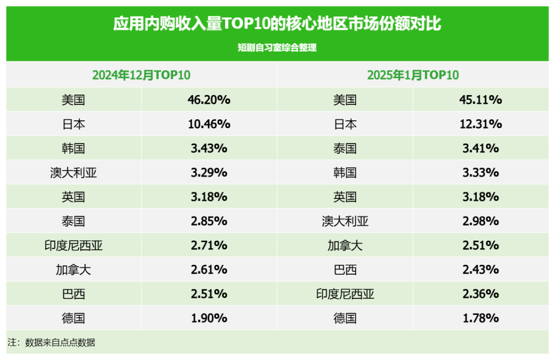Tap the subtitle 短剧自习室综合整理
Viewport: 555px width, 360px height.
pos(277,48)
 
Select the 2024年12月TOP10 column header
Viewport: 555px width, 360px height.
pos(141,75)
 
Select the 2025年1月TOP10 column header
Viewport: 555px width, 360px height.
pos(413,75)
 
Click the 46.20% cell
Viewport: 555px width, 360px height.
pos(209,100)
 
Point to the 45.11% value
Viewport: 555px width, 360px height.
pos(480,100)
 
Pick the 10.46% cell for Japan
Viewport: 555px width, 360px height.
pos(209,124)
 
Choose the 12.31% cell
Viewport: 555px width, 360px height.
pos(480,124)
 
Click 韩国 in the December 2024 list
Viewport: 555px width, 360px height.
pos(73,149)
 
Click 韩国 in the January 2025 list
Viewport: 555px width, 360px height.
pos(345,173)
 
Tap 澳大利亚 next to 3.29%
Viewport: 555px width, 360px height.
pos(73,173)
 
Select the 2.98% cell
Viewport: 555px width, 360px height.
pos(480,221)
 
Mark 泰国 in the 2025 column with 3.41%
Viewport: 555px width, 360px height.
pos(345,149)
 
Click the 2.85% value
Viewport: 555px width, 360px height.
pos(209,221)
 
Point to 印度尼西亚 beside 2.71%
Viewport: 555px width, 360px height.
pos(73,245)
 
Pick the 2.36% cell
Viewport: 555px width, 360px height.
pos(480,294)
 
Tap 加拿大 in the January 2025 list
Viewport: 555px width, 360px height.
pos(345,245)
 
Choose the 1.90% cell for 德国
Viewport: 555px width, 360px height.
pos(209,318)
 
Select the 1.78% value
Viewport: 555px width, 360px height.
pos(480,318)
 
